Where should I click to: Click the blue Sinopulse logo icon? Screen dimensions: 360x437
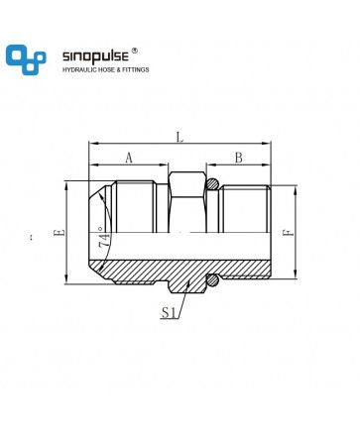26,59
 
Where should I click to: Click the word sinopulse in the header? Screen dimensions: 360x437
95,56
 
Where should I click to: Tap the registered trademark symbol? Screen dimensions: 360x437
134,51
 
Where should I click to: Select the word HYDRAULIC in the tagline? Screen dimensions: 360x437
78,69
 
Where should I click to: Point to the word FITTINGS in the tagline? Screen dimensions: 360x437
136,69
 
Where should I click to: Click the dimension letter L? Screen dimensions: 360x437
180,137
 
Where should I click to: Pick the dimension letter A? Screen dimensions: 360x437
129,158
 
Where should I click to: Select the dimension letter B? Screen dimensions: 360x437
239,158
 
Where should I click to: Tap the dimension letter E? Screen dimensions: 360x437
60,233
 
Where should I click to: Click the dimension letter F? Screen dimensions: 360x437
288,233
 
